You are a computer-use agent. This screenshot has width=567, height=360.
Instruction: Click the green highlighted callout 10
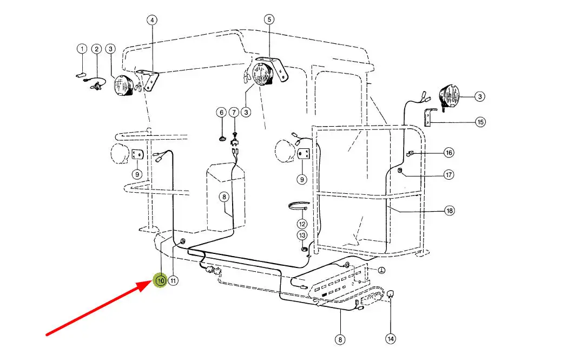[160, 280]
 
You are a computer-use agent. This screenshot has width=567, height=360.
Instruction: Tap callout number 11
[173, 280]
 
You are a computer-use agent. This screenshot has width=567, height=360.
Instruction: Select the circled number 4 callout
[152, 20]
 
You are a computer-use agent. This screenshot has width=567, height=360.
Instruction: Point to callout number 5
[269, 19]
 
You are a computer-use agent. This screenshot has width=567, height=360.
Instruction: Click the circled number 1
[82, 49]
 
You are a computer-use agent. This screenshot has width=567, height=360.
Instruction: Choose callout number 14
[391, 339]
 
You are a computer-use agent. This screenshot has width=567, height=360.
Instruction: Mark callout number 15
[480, 122]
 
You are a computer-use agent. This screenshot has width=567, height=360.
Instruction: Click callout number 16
[449, 153]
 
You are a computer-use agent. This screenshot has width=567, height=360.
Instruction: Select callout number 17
[449, 175]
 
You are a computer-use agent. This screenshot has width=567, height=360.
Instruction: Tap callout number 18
[449, 211]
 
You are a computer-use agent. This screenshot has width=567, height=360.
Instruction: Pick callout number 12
[302, 224]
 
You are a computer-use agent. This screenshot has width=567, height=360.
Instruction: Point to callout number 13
[302, 235]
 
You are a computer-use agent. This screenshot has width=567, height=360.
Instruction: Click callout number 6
[222, 113]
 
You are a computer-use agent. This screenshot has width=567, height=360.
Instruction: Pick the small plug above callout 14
[390, 294]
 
